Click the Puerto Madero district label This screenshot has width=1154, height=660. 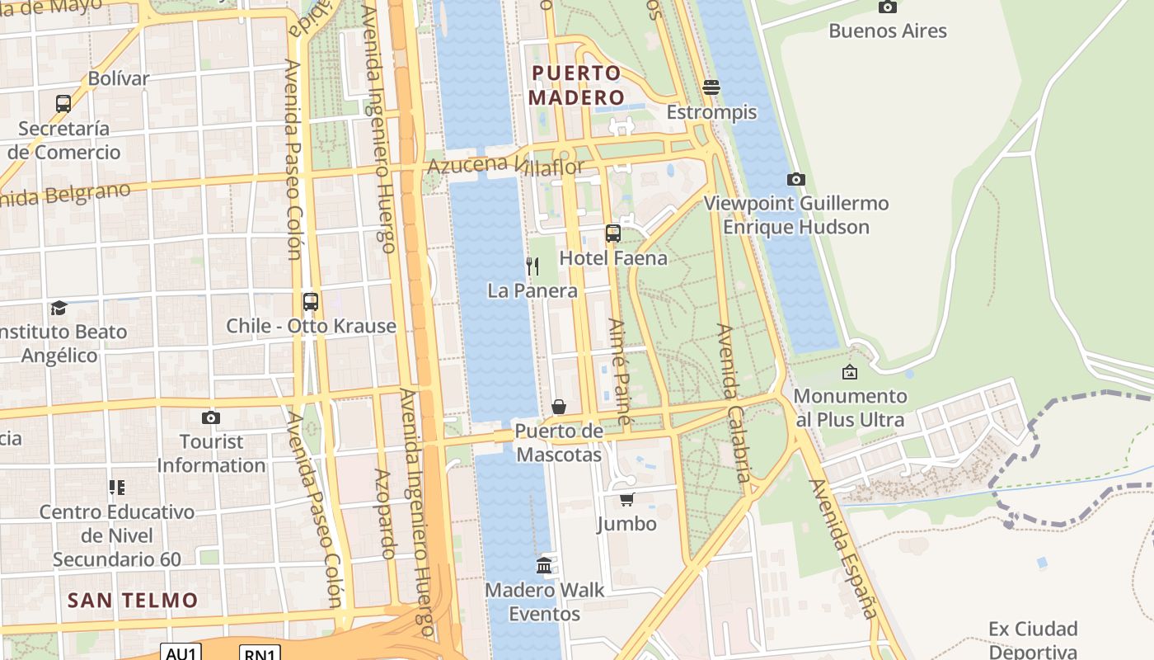pyautogui.click(x=576, y=85)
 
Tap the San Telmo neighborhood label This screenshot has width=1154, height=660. pyautogui.click(x=133, y=600)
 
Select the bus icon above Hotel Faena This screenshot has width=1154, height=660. pyautogui.click(x=612, y=233)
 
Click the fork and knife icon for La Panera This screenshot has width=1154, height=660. pyautogui.click(x=532, y=266)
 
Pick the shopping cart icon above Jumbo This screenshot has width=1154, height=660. pyautogui.click(x=627, y=499)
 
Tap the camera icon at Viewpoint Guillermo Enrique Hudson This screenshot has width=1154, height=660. pyautogui.click(x=795, y=179)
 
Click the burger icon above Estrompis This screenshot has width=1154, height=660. pyautogui.click(x=711, y=87)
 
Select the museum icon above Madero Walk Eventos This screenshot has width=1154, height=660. pyautogui.click(x=544, y=565)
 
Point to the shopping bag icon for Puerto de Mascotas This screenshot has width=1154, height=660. pyautogui.click(x=559, y=407)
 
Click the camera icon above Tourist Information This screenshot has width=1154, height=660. pyautogui.click(x=211, y=417)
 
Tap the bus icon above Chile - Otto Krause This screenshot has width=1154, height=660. pyautogui.click(x=311, y=302)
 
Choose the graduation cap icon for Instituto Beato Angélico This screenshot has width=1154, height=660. pyautogui.click(x=59, y=308)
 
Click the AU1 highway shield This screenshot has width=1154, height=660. pyautogui.click(x=181, y=653)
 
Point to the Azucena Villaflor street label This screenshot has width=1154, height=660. pyautogui.click(x=505, y=166)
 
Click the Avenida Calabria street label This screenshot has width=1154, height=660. pyautogui.click(x=734, y=403)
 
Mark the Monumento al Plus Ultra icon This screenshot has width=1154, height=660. pyautogui.click(x=849, y=372)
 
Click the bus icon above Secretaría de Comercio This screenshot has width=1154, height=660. pyautogui.click(x=63, y=104)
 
